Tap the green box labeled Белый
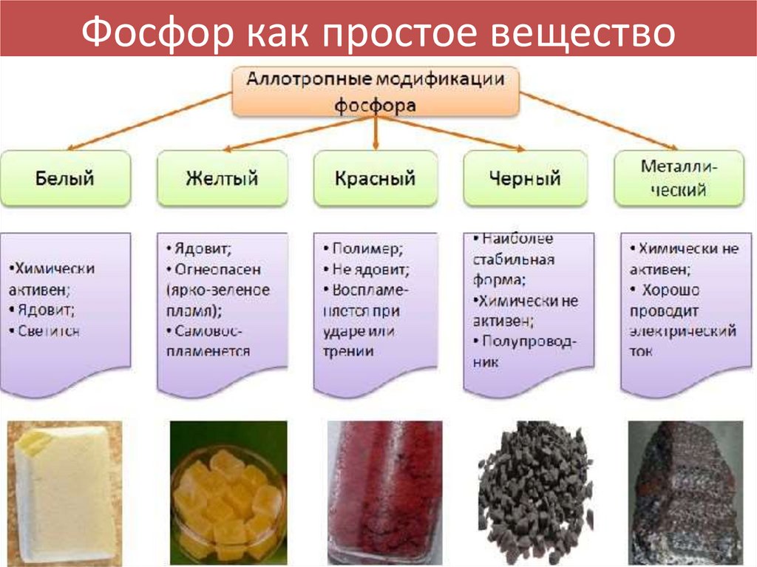(x=66, y=178)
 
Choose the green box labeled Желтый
(x=222, y=178)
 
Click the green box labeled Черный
(x=525, y=178)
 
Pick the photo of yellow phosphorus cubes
(x=228, y=492)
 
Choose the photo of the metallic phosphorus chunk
(x=685, y=492)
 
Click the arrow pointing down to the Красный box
(x=376, y=133)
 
